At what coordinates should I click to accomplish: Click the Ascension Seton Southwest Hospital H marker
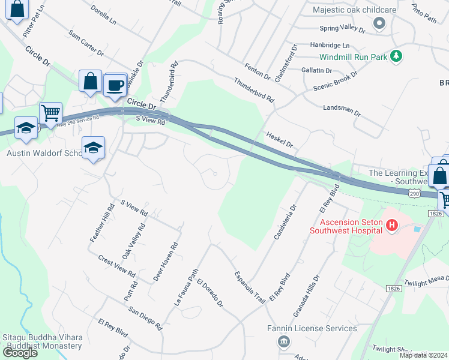tap(391, 226)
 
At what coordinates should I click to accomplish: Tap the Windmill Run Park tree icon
tap(396, 57)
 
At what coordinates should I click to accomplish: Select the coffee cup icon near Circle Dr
tap(114, 85)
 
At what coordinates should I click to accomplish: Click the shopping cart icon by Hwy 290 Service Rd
tap(50, 112)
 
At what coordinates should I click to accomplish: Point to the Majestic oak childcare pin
tap(379, 23)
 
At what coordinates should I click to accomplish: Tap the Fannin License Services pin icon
tap(283, 341)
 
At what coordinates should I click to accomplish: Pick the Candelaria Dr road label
tap(285, 223)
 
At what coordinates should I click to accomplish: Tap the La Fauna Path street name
tap(186, 287)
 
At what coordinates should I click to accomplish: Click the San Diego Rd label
tap(146, 318)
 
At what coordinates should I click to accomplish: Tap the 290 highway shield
tap(414, 193)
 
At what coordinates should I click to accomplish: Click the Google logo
tap(19, 352)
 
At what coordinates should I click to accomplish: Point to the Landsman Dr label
tap(342, 112)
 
